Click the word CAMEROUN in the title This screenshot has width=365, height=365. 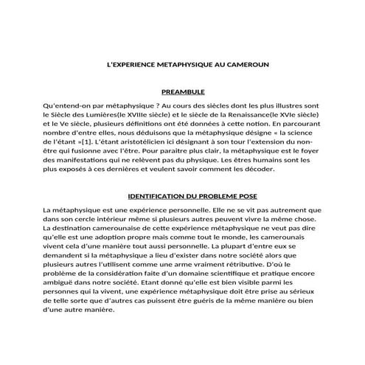(x=246, y=64)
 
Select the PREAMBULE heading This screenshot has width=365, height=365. (x=182, y=92)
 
